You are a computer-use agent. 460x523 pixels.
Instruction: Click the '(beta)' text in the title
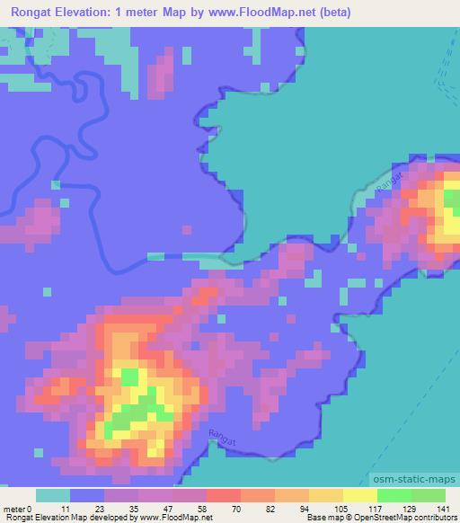click(x=332, y=13)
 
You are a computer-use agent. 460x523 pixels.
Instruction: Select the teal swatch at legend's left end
click(x=53, y=495)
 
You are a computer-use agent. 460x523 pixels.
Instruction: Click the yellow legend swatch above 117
click(x=359, y=495)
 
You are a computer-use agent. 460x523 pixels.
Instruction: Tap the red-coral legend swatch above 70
click(x=223, y=495)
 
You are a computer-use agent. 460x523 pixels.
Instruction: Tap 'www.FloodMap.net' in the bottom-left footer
click(x=172, y=518)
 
